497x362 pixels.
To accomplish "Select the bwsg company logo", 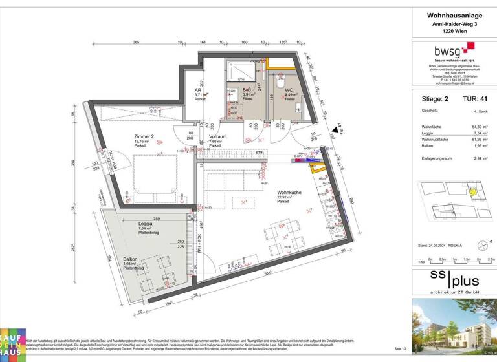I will click(x=453, y=50).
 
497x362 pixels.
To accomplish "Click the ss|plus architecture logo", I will click(x=453, y=281).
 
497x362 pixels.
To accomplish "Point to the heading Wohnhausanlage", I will click(x=453, y=16).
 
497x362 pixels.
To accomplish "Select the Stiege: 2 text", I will click(x=435, y=99).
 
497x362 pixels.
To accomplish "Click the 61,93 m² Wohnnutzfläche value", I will click(x=480, y=140).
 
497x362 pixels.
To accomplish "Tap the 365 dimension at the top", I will click(x=136, y=42).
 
